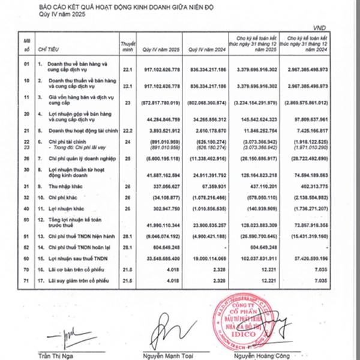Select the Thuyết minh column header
click(127, 45)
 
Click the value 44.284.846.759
click(155, 118)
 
